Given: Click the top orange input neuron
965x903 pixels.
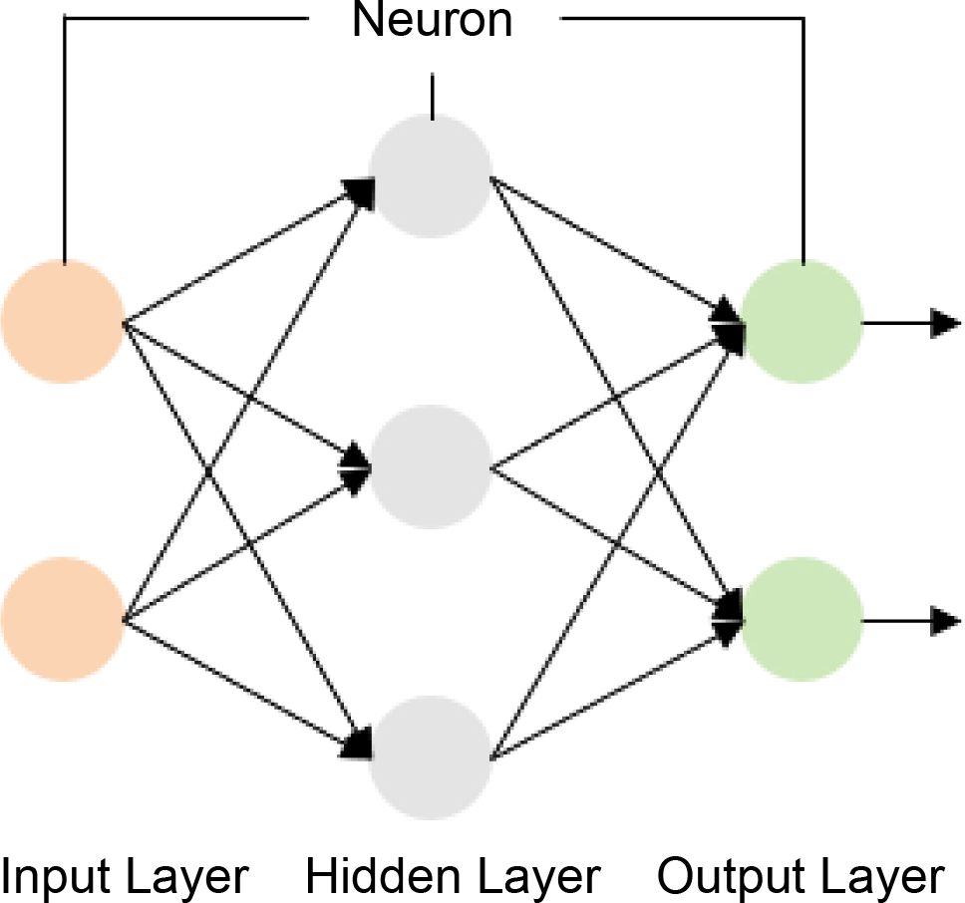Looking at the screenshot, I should (x=63, y=322).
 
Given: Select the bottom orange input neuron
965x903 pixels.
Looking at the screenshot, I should (x=63, y=620).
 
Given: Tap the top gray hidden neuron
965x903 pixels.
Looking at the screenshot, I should (x=430, y=176).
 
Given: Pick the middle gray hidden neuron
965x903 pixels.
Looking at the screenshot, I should (x=430, y=466).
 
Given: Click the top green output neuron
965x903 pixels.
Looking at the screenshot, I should (x=803, y=322).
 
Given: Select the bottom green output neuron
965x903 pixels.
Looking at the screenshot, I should (x=803, y=620).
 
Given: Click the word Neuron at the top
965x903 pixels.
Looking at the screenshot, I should (x=432, y=20).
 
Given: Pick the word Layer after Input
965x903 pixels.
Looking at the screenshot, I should (x=190, y=878).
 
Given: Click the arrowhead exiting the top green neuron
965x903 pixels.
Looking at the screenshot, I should (x=945, y=323).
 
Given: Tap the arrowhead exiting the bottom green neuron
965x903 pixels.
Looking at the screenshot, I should (x=945, y=621).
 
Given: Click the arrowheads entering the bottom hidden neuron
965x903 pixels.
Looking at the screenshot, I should (x=359, y=742).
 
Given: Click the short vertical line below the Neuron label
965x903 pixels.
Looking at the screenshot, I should (x=432, y=98).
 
